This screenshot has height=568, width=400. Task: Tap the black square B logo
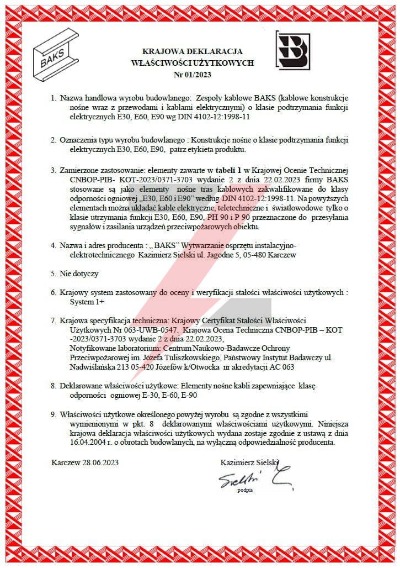(292, 51)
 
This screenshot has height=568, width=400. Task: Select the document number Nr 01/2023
(193, 74)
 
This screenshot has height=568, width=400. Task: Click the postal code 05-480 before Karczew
(252, 255)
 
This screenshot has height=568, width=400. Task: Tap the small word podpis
(244, 490)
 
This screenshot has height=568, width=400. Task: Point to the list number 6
(54, 292)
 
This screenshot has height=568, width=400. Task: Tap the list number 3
(54, 169)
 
